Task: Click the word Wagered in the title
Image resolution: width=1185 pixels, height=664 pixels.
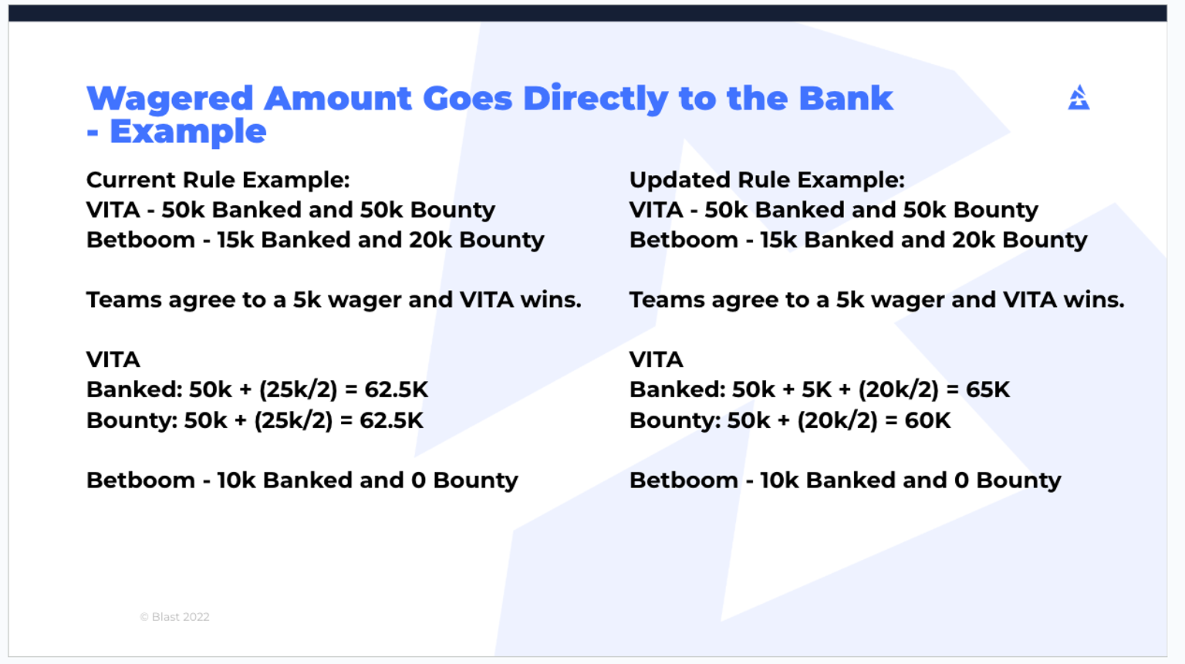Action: click(x=170, y=99)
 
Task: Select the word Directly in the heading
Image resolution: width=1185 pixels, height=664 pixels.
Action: click(x=596, y=99)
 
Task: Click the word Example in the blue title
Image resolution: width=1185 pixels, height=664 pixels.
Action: click(x=187, y=132)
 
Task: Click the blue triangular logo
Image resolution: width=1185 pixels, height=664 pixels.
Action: click(x=1079, y=98)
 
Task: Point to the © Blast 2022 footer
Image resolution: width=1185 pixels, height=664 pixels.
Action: click(x=174, y=617)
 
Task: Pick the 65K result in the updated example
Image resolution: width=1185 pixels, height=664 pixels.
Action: click(x=987, y=389)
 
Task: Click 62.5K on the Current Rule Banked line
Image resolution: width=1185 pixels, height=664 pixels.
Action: click(x=396, y=389)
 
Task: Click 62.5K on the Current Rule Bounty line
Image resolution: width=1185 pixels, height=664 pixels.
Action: click(x=391, y=420)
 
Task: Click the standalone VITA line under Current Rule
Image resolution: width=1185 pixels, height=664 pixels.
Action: click(x=113, y=359)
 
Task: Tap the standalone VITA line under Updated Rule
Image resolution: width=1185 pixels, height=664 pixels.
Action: click(x=657, y=359)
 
